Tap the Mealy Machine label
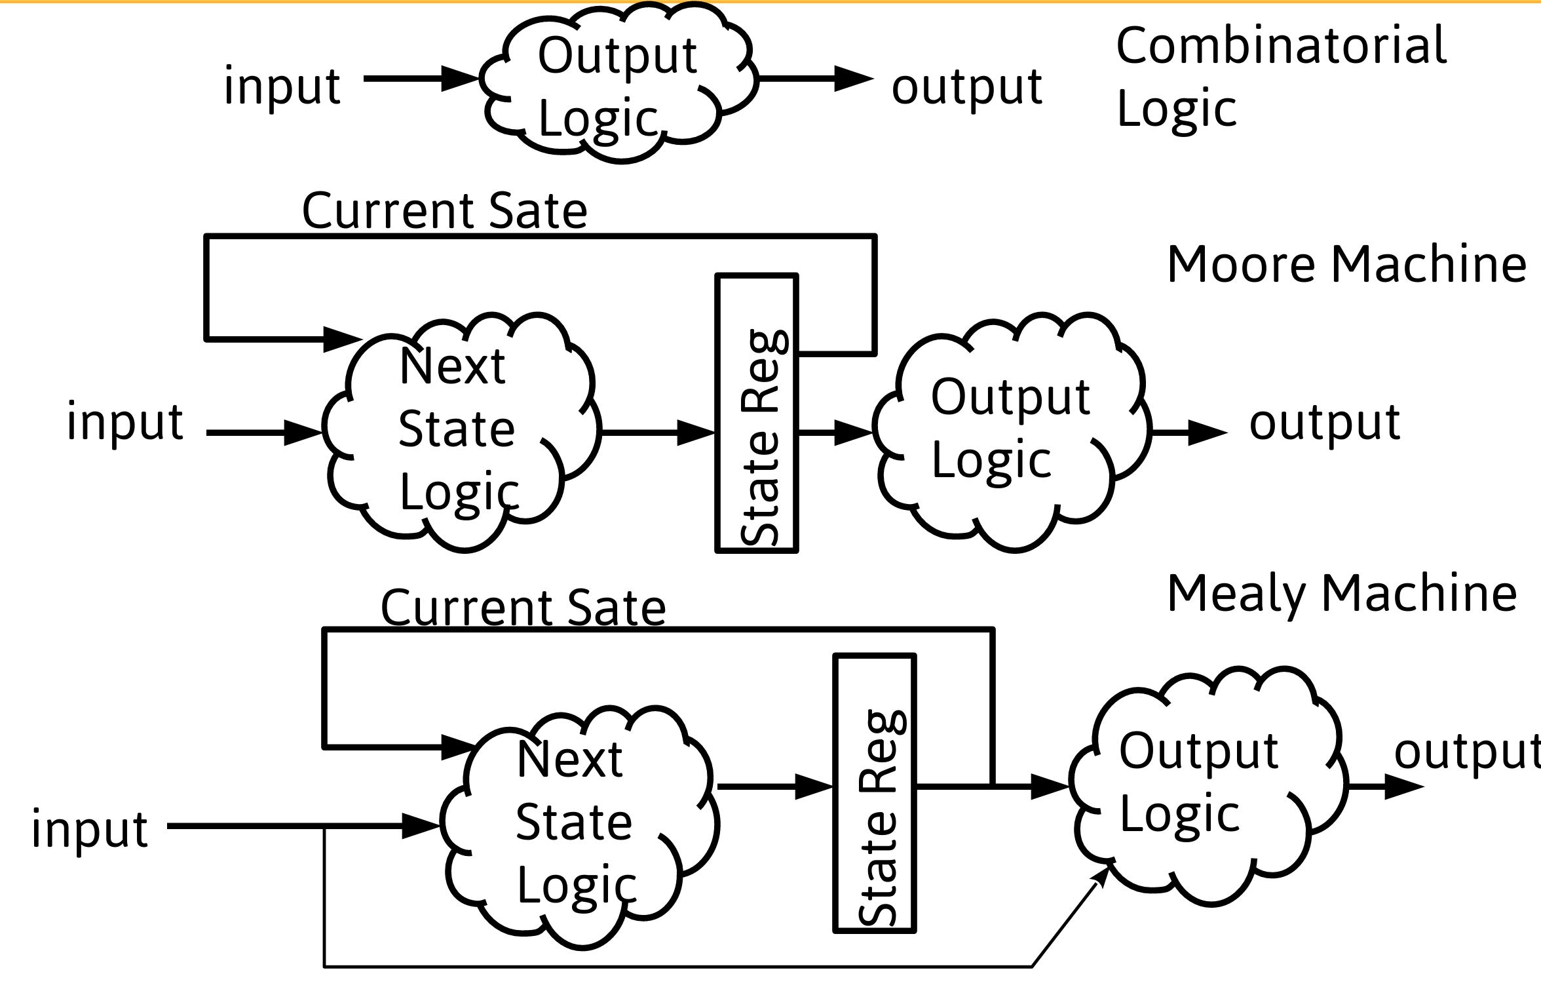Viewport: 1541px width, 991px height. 1342,593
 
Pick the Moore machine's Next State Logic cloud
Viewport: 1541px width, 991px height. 459,429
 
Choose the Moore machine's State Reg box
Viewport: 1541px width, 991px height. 757,413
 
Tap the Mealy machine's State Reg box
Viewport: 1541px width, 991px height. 875,793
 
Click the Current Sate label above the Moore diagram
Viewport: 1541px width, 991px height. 444,211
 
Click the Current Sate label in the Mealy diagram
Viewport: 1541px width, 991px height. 523,608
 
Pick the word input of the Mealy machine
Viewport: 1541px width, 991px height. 90,829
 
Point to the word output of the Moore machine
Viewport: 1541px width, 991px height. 1324,423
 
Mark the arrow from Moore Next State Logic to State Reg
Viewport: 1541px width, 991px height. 658,433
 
